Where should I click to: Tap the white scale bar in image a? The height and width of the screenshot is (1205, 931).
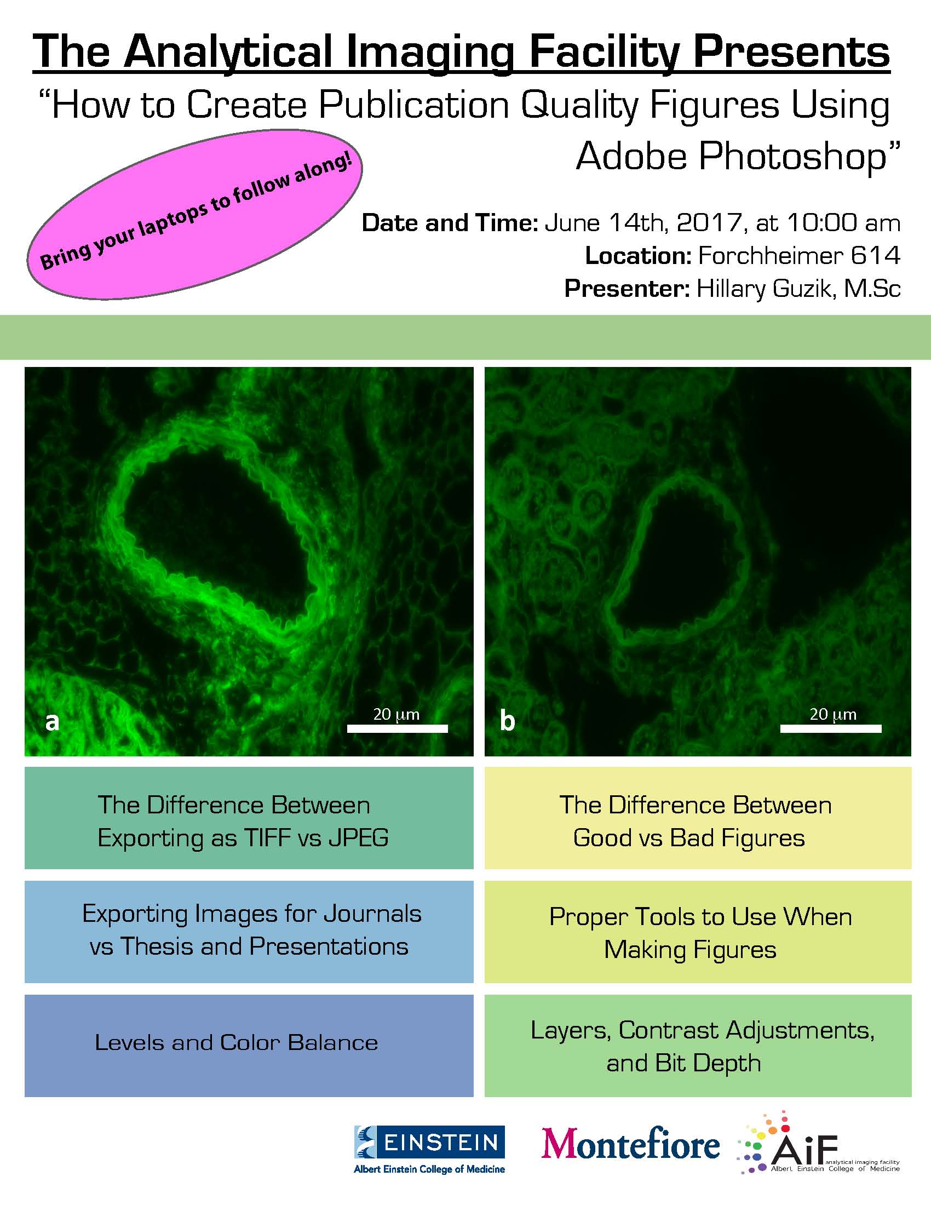[397, 728]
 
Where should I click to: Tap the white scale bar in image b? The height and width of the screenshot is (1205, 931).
[831, 728]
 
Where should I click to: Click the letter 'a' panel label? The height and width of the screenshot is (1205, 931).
[53, 721]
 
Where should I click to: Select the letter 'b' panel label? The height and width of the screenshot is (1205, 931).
[507, 720]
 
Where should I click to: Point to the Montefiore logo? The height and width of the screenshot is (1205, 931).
[630, 1144]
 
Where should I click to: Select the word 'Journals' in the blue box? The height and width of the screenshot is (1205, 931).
[372, 914]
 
